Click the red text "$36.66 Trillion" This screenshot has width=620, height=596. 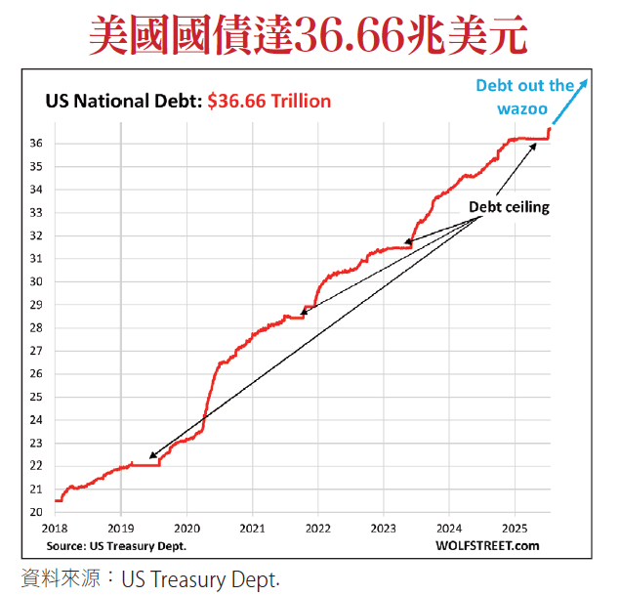269,101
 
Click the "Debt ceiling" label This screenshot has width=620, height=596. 509,207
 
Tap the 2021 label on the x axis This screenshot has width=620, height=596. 252,530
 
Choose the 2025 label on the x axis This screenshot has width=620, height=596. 516,530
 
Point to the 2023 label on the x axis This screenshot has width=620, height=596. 384,530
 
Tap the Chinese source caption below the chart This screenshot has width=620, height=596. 150,577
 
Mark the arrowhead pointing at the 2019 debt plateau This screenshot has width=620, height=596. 150,456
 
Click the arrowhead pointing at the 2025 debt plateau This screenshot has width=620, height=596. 535,145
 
